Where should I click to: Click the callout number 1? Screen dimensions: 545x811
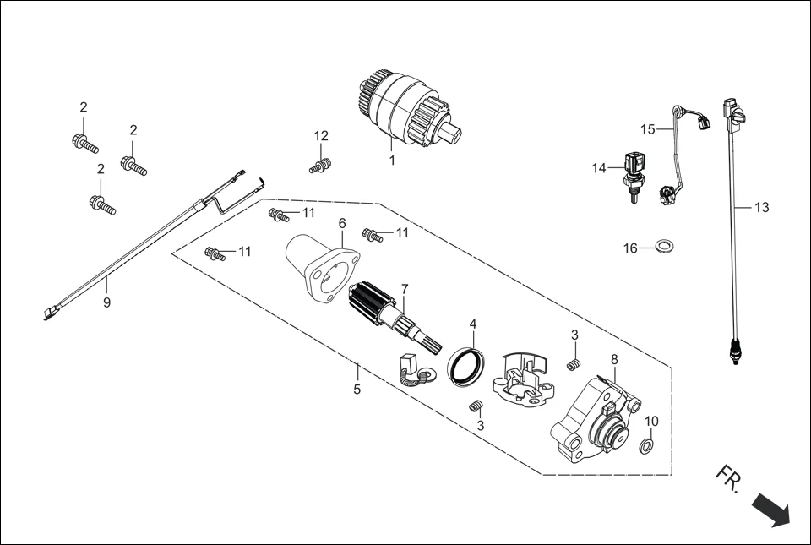tap(392, 159)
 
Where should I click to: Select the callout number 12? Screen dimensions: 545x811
tap(321, 136)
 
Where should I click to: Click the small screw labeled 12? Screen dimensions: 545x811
tap(319, 166)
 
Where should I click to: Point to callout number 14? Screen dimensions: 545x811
tap(599, 168)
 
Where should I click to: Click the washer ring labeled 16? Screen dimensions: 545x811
tap(666, 247)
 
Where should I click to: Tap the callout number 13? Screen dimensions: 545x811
tap(761, 207)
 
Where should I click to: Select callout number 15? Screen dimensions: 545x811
tap(648, 129)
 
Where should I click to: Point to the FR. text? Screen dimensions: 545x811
tap(727, 478)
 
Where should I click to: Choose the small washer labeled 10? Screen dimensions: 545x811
tap(645, 445)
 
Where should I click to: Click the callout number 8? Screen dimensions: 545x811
tap(614, 359)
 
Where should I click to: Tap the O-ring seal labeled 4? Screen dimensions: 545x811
tap(466, 366)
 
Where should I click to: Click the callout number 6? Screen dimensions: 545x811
tap(342, 224)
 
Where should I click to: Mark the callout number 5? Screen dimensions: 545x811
tap(357, 390)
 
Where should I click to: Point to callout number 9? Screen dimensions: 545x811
tap(106, 302)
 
